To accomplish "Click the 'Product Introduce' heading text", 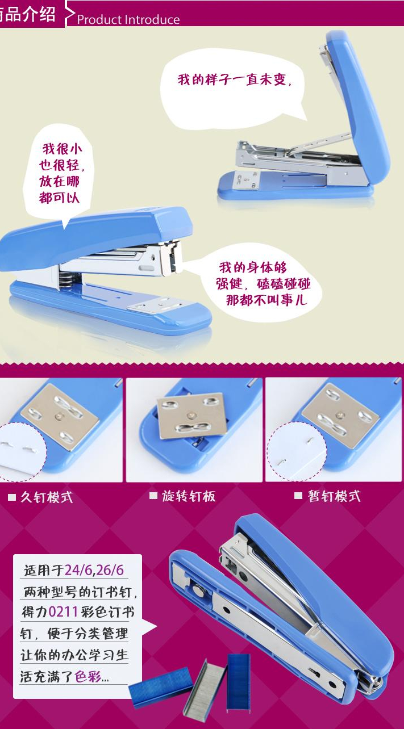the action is [128, 20].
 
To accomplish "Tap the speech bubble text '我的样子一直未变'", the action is [232, 79].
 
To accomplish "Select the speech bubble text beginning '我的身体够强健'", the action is [263, 284].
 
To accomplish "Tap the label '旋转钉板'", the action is [189, 496].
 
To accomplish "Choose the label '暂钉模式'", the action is [334, 496].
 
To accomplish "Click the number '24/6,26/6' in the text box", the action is [94, 570].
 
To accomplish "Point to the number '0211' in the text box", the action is [63, 612].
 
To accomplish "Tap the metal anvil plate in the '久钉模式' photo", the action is [60, 417].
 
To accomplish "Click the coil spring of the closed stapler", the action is [69, 280].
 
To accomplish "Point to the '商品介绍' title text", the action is [28, 14].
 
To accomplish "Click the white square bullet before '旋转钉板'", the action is [153, 495].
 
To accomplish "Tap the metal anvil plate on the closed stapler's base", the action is [156, 305].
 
